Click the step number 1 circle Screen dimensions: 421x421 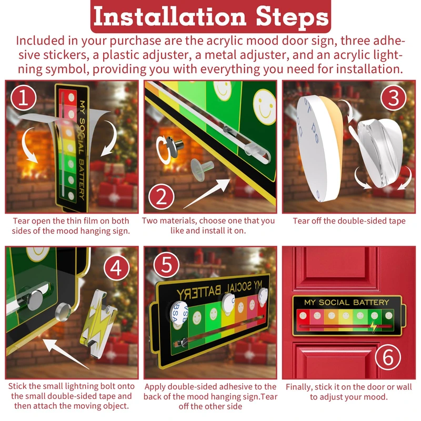click(x=24, y=98)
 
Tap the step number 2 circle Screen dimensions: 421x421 click(x=162, y=197)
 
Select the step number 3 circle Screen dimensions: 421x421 click(x=394, y=98)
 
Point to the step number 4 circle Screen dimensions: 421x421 click(x=116, y=268)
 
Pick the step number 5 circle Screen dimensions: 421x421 click(x=166, y=265)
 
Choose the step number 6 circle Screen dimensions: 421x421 click(x=388, y=358)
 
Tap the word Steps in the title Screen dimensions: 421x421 click(x=292, y=17)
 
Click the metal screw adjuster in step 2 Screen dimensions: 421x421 click(x=174, y=145)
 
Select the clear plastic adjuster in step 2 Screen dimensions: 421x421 click(x=202, y=166)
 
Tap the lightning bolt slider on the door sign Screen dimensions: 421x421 click(x=374, y=326)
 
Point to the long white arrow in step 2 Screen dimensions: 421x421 click(x=207, y=193)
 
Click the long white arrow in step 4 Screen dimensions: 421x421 click(x=65, y=354)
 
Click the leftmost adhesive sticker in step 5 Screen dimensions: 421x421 click(x=178, y=312)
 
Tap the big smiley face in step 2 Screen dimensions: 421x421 click(x=264, y=107)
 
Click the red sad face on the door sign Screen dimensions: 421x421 click(x=303, y=315)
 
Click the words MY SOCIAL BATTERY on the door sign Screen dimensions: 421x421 click(x=347, y=302)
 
